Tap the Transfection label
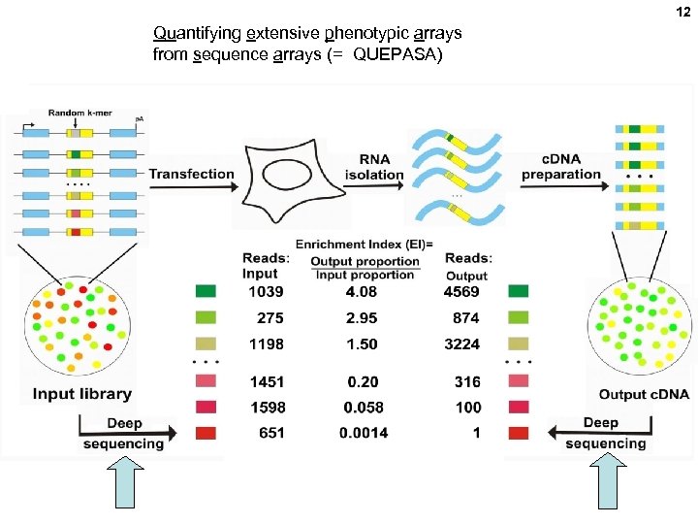[x=191, y=175]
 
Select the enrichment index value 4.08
[x=362, y=292]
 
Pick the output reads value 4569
[x=461, y=292]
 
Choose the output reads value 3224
[x=461, y=344]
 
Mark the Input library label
[x=81, y=394]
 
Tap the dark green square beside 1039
[x=206, y=292]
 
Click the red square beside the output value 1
[x=519, y=433]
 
